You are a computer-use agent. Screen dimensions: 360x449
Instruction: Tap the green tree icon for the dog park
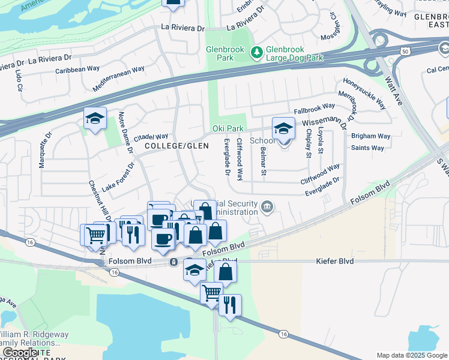(257, 53)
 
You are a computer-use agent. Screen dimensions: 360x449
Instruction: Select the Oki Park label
(228, 129)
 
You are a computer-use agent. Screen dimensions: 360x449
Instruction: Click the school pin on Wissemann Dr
(283, 128)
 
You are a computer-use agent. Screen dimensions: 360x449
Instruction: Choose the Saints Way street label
(367, 148)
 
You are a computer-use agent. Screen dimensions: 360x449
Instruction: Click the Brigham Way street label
(372, 136)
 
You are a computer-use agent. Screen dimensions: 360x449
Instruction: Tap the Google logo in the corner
(21, 353)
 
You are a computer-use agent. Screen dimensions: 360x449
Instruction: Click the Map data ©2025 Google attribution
(412, 355)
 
